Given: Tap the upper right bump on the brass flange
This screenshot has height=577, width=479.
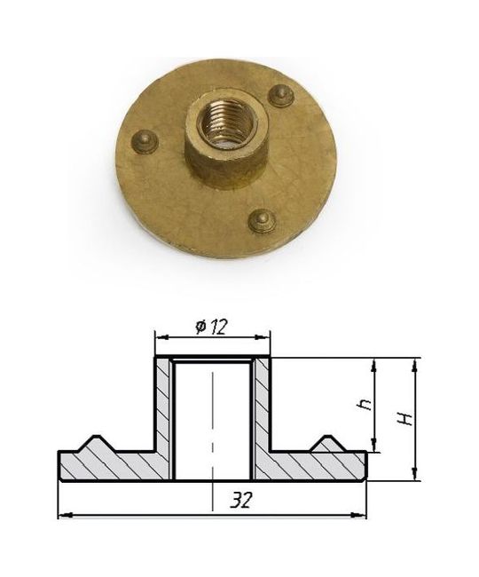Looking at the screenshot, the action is pyautogui.click(x=281, y=95).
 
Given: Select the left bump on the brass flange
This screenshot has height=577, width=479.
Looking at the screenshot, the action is pyautogui.click(x=145, y=141).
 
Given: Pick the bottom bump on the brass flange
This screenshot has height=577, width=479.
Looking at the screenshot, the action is pyautogui.click(x=262, y=221).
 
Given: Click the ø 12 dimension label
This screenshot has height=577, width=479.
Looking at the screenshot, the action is pyautogui.click(x=212, y=327).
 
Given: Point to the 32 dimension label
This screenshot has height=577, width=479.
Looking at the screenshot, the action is pyautogui.click(x=241, y=500).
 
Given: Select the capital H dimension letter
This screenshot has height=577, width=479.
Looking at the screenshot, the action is pyautogui.click(x=406, y=419).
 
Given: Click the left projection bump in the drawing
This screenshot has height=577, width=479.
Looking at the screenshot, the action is pyautogui.click(x=98, y=444).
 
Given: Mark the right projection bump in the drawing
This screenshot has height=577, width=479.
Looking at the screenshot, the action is pyautogui.click(x=328, y=444).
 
